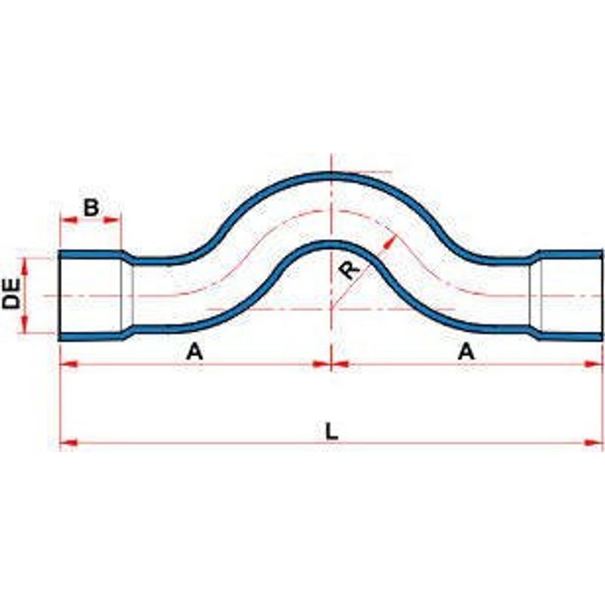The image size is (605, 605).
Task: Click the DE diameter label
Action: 11,294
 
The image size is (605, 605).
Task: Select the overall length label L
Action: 331,431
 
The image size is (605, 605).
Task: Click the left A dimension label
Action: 194,352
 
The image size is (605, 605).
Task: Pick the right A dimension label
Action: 466,352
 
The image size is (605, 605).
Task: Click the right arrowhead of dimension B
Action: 112,220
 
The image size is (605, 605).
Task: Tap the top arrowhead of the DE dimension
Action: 24,266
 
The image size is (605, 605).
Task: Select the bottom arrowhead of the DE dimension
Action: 24,324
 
